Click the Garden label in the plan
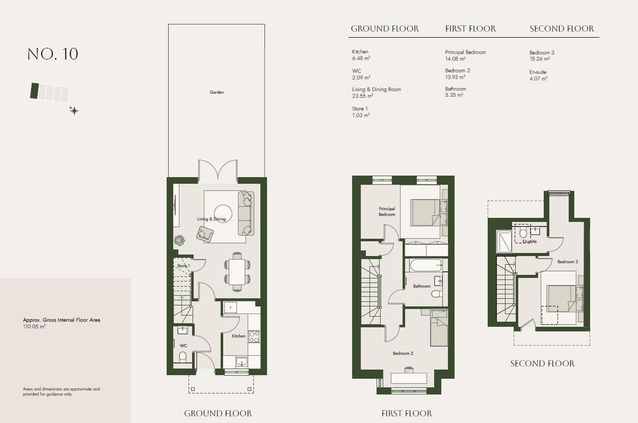click(x=217, y=92)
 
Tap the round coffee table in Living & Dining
click(x=223, y=214)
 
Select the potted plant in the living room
click(x=179, y=240)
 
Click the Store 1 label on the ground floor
click(x=183, y=266)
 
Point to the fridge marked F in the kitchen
click(x=230, y=308)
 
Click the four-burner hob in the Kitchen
click(x=254, y=337)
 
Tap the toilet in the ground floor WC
click(x=182, y=357)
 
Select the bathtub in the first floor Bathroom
click(x=426, y=265)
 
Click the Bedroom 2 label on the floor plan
click(x=403, y=353)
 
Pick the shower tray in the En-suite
click(x=504, y=241)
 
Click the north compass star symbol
click(x=74, y=110)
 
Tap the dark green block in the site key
click(x=35, y=91)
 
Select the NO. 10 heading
click(x=52, y=54)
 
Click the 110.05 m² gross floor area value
click(x=35, y=327)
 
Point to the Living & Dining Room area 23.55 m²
click(x=363, y=96)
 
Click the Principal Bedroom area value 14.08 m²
click(x=455, y=59)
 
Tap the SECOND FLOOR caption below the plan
click(x=542, y=363)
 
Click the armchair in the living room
click(x=205, y=234)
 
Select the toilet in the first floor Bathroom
click(x=436, y=293)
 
